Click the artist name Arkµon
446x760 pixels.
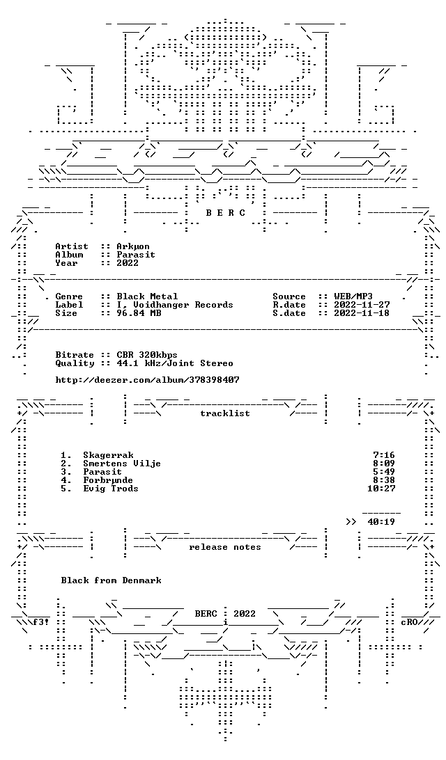(x=133, y=246)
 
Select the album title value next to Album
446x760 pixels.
(x=136, y=255)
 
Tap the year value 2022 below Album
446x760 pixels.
(x=128, y=262)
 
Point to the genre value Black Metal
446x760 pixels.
(x=147, y=296)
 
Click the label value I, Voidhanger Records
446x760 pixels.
(x=175, y=305)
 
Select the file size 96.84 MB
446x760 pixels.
(x=139, y=313)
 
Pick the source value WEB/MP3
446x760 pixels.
(x=353, y=296)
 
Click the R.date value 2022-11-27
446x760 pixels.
(x=362, y=305)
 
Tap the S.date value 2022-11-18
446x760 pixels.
(x=362, y=313)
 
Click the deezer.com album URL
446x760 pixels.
(x=147, y=380)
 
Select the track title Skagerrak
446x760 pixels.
(x=108, y=455)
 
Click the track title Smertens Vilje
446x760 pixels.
(x=122, y=464)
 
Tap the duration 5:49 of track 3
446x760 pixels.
(x=384, y=472)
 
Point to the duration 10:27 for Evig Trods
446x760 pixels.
(x=381, y=489)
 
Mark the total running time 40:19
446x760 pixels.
(x=381, y=522)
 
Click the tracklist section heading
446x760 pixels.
(x=225, y=413)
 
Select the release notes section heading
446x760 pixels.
(x=225, y=547)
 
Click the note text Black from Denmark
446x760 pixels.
(x=111, y=580)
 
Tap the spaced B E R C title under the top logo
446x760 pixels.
(x=226, y=213)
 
